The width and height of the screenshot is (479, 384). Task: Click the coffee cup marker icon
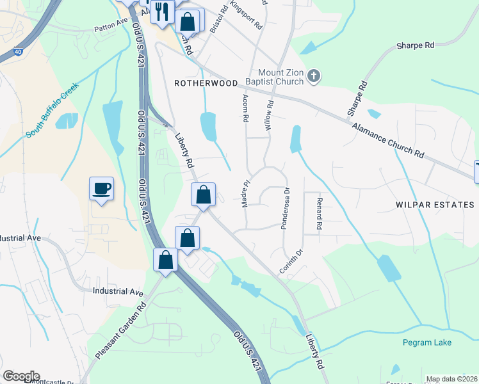pos(101,189)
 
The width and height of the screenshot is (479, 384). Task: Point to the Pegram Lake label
pos(427,342)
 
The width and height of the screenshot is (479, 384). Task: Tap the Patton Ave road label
pos(111,28)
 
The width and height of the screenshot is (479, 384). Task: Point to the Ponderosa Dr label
pos(286,208)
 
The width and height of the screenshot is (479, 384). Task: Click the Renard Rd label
pos(318,214)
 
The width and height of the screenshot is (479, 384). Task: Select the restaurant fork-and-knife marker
pos(163,12)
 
